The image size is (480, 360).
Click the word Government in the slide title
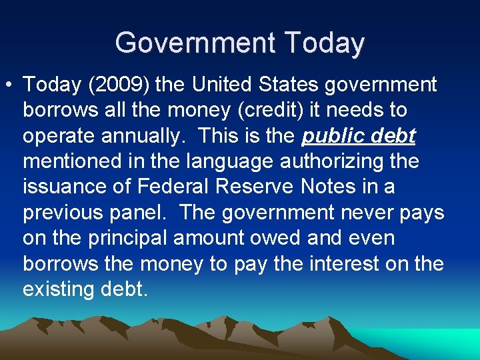tap(194, 43)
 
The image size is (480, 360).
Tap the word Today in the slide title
tap(325, 43)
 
